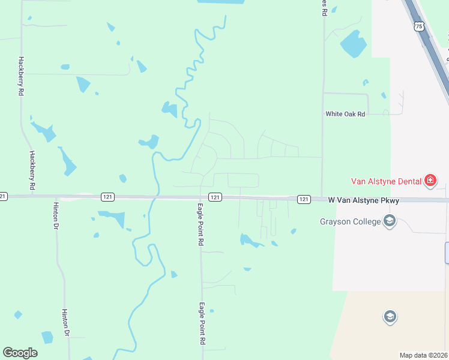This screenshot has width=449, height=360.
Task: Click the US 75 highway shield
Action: tap(419, 26)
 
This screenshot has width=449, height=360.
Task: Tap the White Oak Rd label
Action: tap(345, 114)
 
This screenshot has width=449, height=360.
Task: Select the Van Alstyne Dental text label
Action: tap(387, 180)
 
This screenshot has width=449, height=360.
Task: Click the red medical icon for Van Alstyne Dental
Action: tap(430, 179)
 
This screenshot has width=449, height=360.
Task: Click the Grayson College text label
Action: tap(350, 221)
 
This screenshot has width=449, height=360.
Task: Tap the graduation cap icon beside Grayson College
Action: tap(390, 221)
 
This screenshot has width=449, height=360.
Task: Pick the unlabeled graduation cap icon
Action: tap(390, 316)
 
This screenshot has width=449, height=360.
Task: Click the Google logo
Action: tap(20, 353)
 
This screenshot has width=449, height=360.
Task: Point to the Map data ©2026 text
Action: tap(423, 355)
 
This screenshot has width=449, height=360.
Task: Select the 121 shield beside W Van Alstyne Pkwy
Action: tap(304, 199)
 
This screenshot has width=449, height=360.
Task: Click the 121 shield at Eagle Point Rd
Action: tap(215, 197)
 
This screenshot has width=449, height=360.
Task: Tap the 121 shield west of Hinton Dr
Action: tap(4, 196)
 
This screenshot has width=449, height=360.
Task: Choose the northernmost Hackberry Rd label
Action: tap(21, 76)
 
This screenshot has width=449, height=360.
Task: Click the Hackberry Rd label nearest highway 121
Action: tap(32, 167)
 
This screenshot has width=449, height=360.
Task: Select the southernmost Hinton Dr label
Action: tap(65, 323)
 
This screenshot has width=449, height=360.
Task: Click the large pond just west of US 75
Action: tap(353, 43)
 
